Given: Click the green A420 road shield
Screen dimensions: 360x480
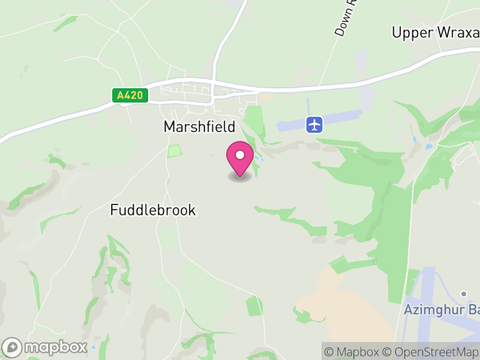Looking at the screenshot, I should click(x=130, y=95).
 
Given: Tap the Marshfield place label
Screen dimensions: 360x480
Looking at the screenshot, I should click(x=199, y=127).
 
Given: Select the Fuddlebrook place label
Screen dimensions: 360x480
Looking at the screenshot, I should click(x=153, y=210).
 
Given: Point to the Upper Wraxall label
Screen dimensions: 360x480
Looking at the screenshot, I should click(x=436, y=32).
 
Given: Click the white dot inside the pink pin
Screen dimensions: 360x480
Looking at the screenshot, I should click(x=240, y=155).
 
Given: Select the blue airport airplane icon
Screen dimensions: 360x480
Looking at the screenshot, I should click(x=315, y=125).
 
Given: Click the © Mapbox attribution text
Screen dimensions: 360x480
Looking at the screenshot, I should click(x=354, y=352).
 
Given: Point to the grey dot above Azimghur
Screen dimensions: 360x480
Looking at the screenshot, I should click(x=464, y=293).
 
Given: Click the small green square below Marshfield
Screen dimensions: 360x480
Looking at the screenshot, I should click(x=174, y=151).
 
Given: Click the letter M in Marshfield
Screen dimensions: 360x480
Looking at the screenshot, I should click(x=169, y=127).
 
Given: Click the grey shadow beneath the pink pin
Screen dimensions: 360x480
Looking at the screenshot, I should click(x=240, y=177).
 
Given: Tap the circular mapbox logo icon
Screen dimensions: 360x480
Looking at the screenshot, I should click(x=12, y=347).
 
